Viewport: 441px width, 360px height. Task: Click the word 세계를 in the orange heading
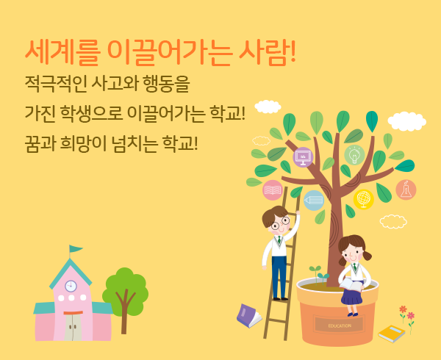[x=62, y=53]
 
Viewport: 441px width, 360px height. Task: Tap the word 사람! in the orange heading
[x=267, y=53]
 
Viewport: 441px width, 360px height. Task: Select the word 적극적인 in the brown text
[x=56, y=84]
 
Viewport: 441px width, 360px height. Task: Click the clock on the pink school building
[x=71, y=286]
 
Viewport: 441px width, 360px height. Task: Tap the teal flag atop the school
[x=75, y=249]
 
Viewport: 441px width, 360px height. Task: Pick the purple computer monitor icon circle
[x=303, y=157]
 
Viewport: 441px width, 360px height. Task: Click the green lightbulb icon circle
[x=354, y=155]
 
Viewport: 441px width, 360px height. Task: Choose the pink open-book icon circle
[x=273, y=190]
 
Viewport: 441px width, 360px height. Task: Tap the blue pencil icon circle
[x=314, y=201]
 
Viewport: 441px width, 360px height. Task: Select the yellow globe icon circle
[x=363, y=200]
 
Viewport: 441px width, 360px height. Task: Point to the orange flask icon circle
[x=406, y=190]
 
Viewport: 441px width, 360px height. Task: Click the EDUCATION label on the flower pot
[x=340, y=326]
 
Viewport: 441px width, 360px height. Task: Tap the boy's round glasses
[x=280, y=223]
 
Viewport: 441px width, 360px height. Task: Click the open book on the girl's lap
[x=351, y=284]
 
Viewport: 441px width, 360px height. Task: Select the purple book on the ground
[x=249, y=316]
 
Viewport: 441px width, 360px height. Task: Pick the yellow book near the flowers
[x=391, y=334]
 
